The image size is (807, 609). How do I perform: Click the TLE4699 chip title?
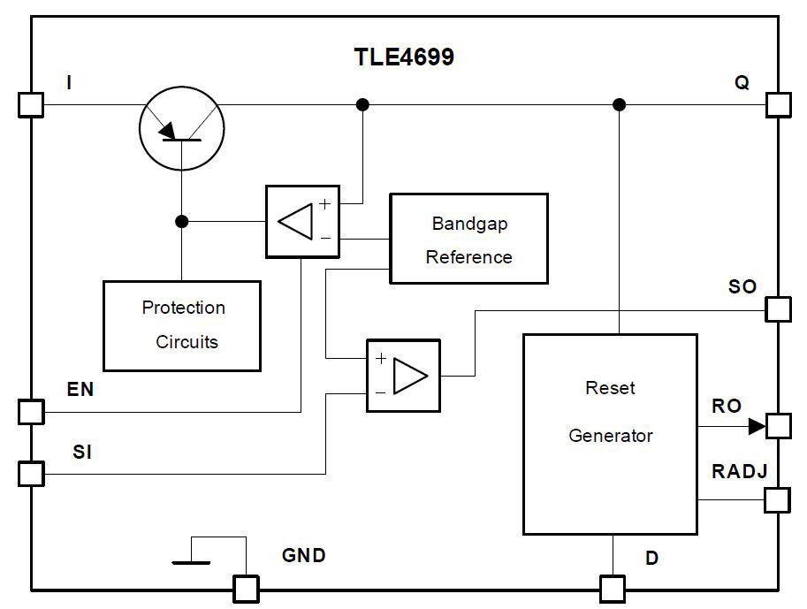pos(404,57)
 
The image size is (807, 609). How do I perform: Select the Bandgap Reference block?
pos(468,239)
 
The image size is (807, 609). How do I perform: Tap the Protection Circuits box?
pos(182,325)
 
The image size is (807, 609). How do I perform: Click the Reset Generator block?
pos(610,433)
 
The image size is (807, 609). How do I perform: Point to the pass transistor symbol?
pos(181,126)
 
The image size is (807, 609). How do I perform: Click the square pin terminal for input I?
pos(30,105)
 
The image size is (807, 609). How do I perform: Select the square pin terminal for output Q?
pos(777,105)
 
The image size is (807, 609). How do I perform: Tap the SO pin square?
pos(777,309)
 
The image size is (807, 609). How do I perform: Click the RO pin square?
pos(777,426)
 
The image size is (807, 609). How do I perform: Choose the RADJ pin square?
pos(777,500)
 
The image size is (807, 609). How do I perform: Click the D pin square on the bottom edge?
pos(612,588)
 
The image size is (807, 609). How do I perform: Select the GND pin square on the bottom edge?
pos(245,588)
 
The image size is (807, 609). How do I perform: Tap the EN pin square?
pos(30,412)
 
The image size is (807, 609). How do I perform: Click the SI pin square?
pos(30,474)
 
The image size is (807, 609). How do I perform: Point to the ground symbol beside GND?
pos(192,560)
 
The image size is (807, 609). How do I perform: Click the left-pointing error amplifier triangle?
pos(296,221)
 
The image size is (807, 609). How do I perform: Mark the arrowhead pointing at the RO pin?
pos(756,426)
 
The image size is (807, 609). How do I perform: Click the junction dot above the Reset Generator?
pos(619,105)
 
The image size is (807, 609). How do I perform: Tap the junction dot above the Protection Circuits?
pos(181,221)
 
